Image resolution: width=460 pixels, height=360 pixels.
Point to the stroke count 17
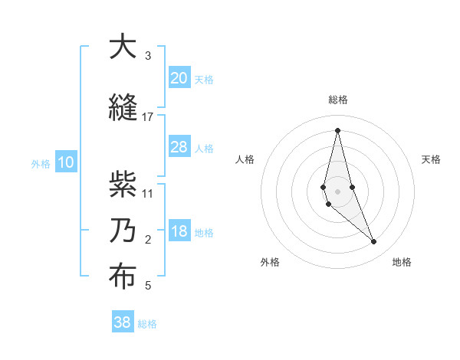[x=148, y=117]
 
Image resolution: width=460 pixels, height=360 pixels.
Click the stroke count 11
[x=148, y=193]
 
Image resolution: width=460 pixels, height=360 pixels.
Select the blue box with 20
[x=179, y=77]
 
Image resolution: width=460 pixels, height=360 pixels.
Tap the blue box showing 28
[x=179, y=147]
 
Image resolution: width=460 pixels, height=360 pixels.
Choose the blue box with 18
[x=179, y=231]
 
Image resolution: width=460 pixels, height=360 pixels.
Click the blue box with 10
[x=66, y=162]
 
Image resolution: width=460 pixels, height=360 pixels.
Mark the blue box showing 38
[x=122, y=322]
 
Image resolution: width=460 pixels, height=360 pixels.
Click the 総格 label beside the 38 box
[x=147, y=324]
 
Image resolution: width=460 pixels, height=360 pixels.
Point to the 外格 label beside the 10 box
[x=41, y=163]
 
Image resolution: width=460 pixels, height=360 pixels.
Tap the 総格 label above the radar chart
[x=337, y=100]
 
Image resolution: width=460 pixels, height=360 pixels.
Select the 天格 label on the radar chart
[x=432, y=159]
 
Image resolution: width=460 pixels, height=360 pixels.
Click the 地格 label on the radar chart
[x=402, y=262]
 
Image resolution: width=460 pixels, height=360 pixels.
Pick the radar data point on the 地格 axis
[x=374, y=242]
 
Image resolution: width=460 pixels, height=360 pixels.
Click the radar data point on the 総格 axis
[x=337, y=129]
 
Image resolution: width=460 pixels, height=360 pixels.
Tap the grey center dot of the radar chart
[x=337, y=190]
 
